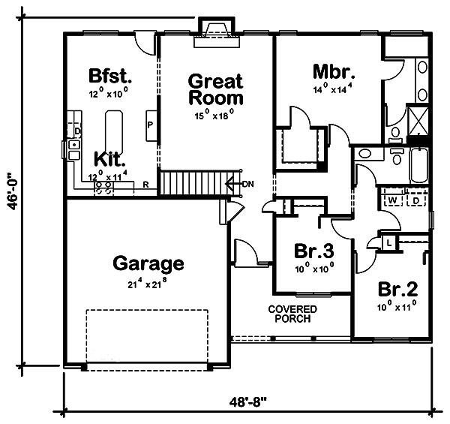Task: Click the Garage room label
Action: tap(148, 263)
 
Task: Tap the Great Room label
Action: tap(215, 89)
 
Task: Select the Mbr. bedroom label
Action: tap(334, 72)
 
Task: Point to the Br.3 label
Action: tap(314, 251)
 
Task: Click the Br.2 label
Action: tap(397, 289)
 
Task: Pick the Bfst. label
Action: tap(110, 76)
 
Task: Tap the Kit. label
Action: tap(109, 160)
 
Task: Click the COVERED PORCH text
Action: tap(292, 314)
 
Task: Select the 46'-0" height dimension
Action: tap(13, 191)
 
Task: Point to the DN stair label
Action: tap(248, 184)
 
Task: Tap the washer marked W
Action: tap(392, 200)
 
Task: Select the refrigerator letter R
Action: tap(145, 185)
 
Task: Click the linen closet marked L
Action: tap(389, 243)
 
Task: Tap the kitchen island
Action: tap(115, 132)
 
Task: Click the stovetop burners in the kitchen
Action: tap(104, 188)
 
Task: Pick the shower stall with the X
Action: tap(418, 121)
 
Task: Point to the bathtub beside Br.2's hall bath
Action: tap(419, 166)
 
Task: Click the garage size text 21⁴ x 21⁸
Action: tap(147, 283)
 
